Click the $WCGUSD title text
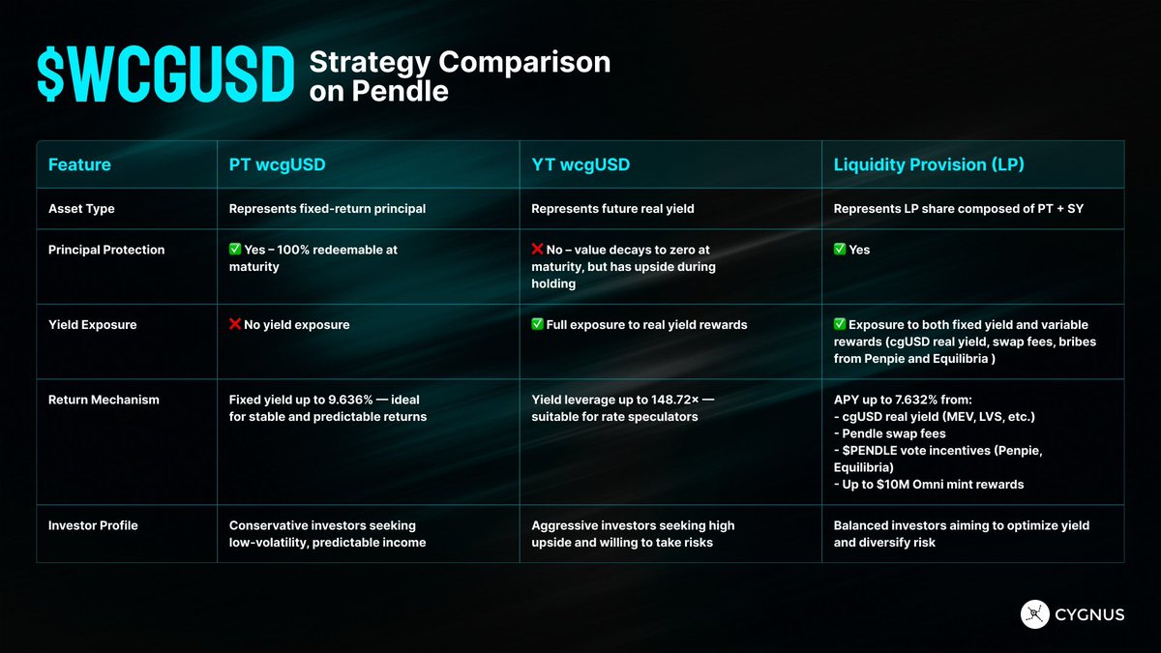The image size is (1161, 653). tap(165, 74)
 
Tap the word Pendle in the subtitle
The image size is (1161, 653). tap(401, 91)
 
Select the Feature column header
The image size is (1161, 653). tap(79, 164)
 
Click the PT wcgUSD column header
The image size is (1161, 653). tap(278, 164)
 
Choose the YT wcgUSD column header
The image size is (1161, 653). tap(580, 164)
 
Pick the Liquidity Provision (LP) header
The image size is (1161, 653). tap(929, 164)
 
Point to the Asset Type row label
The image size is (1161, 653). tap(81, 209)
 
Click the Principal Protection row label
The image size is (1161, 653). tap(106, 250)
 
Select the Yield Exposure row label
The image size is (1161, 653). tap(92, 325)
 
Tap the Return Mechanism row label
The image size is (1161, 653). tap(104, 400)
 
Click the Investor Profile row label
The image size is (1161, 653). tap(93, 525)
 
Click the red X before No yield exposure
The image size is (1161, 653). tap(235, 324)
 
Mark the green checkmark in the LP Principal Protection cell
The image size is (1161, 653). tap(840, 250)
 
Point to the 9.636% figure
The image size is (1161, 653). tap(350, 400)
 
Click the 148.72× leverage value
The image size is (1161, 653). tap(673, 400)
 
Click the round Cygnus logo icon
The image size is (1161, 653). tap(1034, 614)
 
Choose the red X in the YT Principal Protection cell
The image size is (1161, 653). tap(537, 250)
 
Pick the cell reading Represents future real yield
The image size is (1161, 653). tap(612, 209)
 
